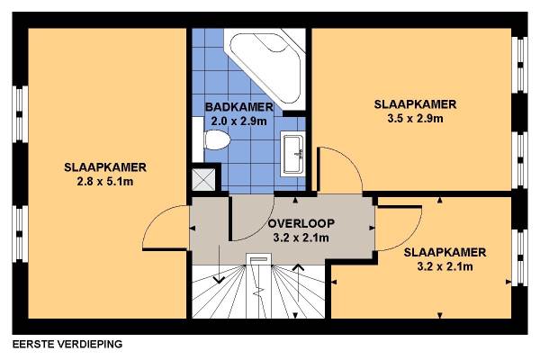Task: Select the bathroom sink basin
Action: click(293, 154)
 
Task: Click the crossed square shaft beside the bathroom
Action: click(203, 179)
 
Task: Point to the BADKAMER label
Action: click(239, 107)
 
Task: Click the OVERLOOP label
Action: click(301, 223)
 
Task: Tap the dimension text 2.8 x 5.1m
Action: click(105, 182)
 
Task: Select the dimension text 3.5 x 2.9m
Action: click(415, 119)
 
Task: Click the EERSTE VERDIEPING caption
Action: click(67, 344)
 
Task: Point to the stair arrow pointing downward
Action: click(219, 265)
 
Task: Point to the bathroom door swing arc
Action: click(262, 228)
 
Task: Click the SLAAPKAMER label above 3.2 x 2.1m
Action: click(445, 252)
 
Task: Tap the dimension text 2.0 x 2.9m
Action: click(239, 121)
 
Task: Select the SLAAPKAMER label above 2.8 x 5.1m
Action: click(105, 167)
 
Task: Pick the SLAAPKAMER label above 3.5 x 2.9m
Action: click(415, 104)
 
